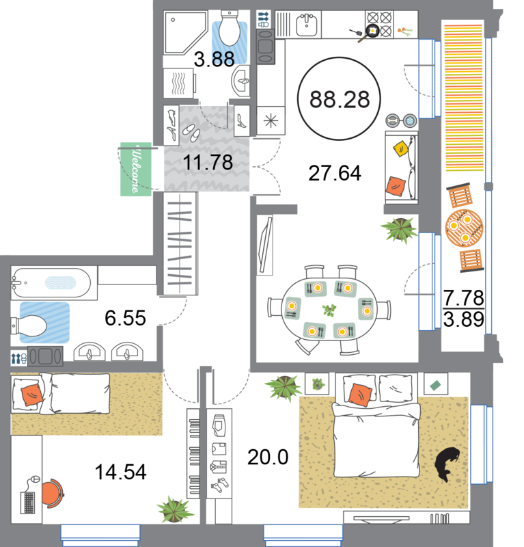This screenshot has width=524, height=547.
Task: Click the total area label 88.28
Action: tap(340, 99)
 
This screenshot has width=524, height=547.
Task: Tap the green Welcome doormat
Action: tap(136, 169)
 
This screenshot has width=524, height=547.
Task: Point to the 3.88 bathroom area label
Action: tap(214, 59)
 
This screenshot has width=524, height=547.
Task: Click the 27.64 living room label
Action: tap(335, 174)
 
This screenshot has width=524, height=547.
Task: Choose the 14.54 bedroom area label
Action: tap(121, 472)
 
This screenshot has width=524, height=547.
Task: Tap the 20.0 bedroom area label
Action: tap(268, 457)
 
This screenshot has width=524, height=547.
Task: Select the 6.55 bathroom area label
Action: tap(125, 318)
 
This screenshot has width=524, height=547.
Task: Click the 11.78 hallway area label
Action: tap(208, 163)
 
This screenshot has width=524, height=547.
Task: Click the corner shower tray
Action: tap(185, 32)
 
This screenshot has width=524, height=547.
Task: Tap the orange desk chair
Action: tap(53, 492)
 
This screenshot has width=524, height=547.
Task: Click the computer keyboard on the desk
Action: tap(29, 503)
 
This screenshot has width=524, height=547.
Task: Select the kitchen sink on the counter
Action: tap(307, 24)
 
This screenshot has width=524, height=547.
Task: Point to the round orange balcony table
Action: tap(464, 228)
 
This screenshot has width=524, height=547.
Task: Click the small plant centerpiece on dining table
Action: tap(329, 310)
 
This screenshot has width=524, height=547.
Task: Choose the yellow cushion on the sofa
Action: tap(401, 148)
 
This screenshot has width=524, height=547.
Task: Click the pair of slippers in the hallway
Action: tap(191, 133)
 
